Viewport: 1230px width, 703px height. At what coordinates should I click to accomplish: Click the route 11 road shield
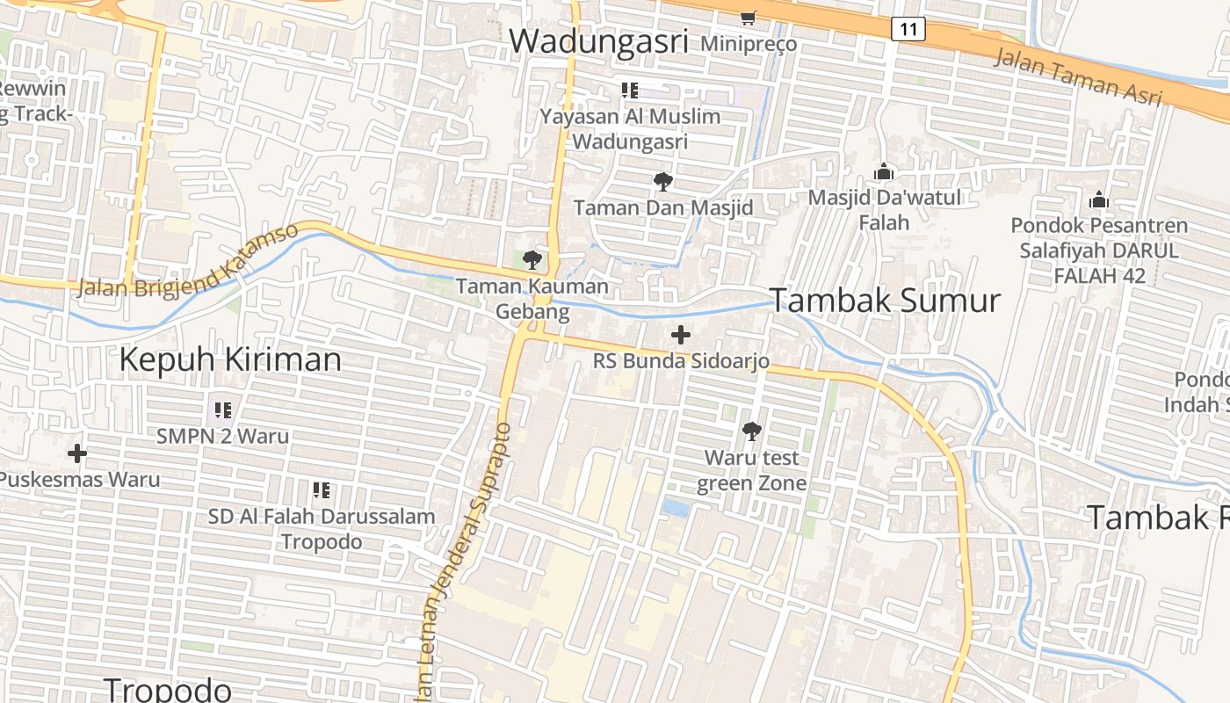pyautogui.click(x=908, y=29)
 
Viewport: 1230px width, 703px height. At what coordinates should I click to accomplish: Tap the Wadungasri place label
pyautogui.click(x=598, y=41)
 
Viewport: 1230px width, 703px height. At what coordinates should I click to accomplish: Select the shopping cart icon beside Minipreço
pyautogui.click(x=749, y=17)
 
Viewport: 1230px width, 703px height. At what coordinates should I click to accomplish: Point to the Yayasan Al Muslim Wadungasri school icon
pyautogui.click(x=629, y=90)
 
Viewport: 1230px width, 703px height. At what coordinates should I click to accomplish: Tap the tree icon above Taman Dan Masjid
pyautogui.click(x=663, y=182)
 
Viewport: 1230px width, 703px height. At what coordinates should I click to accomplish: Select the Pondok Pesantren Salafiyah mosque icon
pyautogui.click(x=1098, y=199)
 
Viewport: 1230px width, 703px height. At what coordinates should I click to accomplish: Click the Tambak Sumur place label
pyautogui.click(x=885, y=301)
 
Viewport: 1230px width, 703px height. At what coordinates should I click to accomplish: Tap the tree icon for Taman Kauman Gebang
pyautogui.click(x=532, y=259)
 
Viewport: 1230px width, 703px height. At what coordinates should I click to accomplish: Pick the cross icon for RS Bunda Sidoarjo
pyautogui.click(x=680, y=335)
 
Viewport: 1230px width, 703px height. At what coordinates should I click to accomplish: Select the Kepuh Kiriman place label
pyautogui.click(x=230, y=359)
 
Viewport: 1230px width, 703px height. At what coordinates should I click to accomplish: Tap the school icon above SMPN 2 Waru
pyautogui.click(x=222, y=409)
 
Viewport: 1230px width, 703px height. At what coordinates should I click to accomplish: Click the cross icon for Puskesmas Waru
pyautogui.click(x=77, y=453)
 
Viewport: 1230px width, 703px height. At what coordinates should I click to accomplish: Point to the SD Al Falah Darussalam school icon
pyautogui.click(x=321, y=489)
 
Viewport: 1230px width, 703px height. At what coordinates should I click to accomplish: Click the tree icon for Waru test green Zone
pyautogui.click(x=751, y=431)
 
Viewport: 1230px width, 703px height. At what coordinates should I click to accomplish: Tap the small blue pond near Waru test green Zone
pyautogui.click(x=676, y=508)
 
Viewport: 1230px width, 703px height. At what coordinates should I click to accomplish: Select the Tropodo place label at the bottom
pyautogui.click(x=168, y=688)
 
